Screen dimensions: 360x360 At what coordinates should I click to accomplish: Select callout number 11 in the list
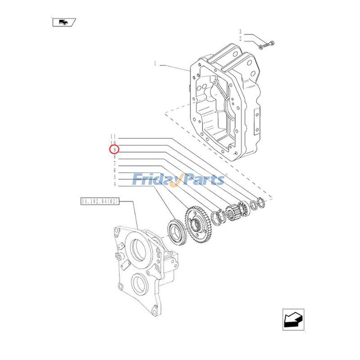113,136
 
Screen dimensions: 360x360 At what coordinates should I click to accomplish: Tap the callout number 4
115,184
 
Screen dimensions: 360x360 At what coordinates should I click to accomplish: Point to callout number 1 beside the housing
155,64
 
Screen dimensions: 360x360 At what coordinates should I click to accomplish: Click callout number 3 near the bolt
240,32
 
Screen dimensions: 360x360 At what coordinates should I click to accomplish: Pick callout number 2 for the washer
240,39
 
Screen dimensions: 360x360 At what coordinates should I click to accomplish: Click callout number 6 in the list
115,170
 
